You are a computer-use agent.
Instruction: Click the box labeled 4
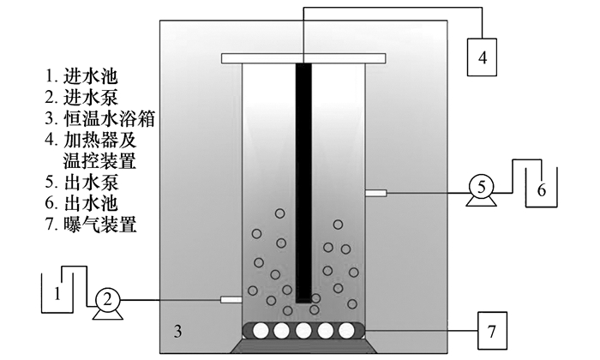(482, 58)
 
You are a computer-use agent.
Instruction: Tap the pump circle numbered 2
(108, 299)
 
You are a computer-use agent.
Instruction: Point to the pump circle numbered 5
(482, 186)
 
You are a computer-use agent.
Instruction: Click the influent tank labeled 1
(57, 294)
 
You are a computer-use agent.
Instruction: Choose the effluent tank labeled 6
(541, 189)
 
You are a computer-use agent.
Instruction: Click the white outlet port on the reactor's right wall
(375, 194)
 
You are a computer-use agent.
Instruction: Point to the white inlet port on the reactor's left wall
(231, 299)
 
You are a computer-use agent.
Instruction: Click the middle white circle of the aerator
(303, 330)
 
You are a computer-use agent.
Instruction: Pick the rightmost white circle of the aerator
(348, 330)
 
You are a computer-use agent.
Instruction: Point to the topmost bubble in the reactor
(280, 213)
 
